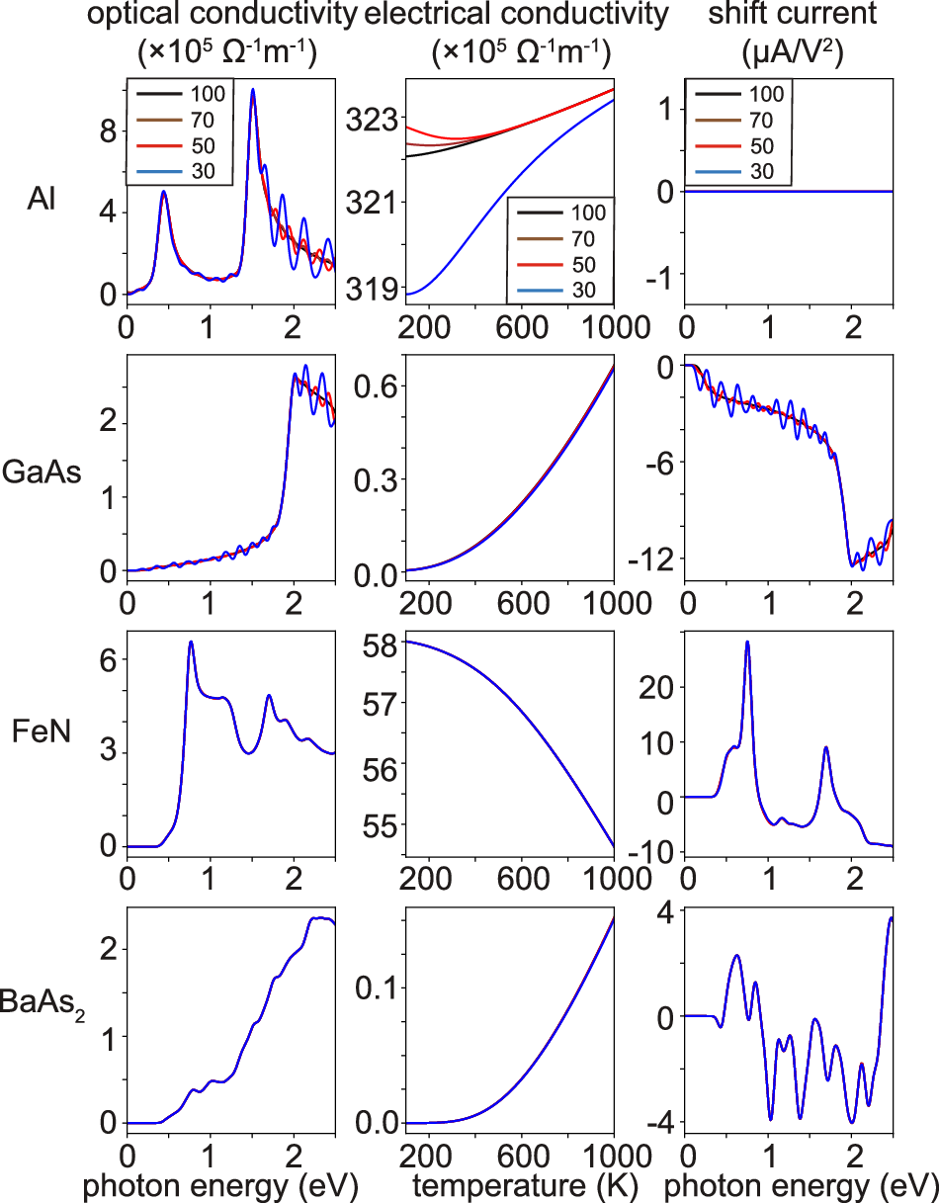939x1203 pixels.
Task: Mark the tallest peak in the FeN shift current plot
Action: (x=747, y=643)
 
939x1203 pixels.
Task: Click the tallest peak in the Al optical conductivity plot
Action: (x=252, y=90)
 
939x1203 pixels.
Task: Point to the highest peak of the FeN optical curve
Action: (x=191, y=643)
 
